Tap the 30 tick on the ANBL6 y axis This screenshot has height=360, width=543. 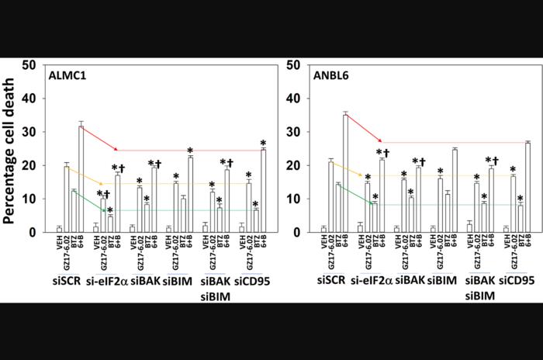point(295,132)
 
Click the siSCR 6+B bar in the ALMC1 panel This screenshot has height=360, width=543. point(81,179)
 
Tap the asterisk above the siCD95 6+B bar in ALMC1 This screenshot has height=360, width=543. point(263,144)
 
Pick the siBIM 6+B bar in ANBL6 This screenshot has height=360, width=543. point(455,191)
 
